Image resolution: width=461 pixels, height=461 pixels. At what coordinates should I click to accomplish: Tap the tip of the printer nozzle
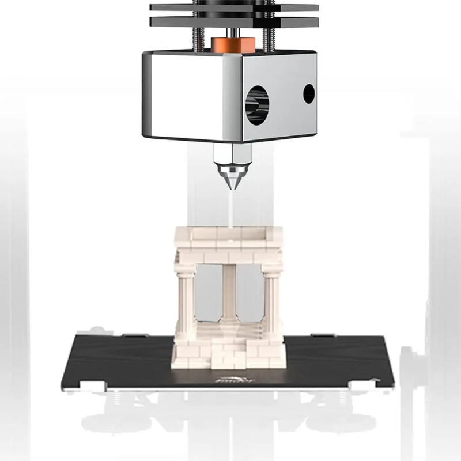click(x=229, y=190)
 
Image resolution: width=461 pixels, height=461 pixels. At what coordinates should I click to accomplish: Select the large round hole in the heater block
click(x=257, y=104)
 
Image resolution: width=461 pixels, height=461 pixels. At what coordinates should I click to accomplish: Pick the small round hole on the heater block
click(x=309, y=93)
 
